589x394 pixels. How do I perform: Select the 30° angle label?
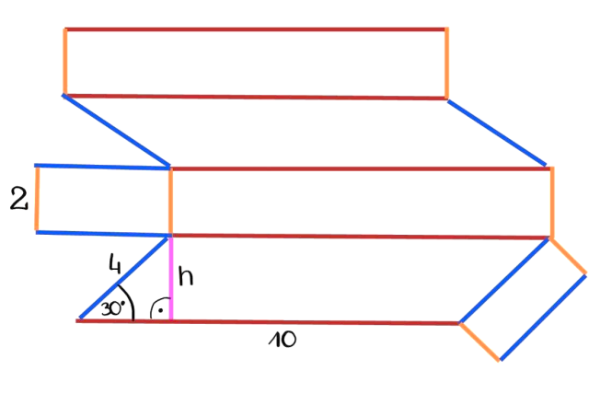(x=113, y=308)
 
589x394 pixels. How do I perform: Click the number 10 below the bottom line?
(x=283, y=339)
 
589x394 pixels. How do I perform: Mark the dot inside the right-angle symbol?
(x=160, y=311)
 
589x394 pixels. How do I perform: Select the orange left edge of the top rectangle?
(x=64, y=62)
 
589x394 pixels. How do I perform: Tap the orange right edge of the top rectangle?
(x=447, y=63)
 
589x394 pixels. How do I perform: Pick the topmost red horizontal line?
(x=256, y=29)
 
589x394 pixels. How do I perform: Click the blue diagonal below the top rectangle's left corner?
(x=117, y=130)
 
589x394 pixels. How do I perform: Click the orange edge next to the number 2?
(x=36, y=198)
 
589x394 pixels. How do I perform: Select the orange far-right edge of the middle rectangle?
(x=552, y=203)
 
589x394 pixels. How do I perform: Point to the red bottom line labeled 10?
(x=313, y=322)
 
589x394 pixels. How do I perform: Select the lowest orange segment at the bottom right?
(x=480, y=341)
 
